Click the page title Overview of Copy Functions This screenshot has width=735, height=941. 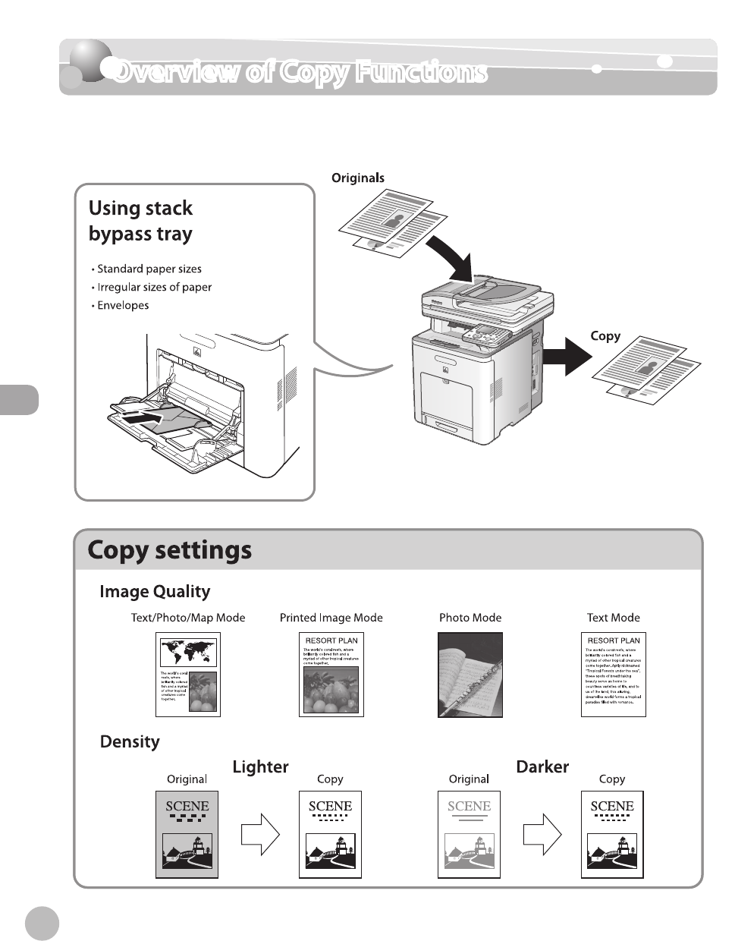pos(300,72)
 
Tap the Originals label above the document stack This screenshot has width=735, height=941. pos(358,178)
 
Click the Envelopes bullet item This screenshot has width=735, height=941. pos(123,305)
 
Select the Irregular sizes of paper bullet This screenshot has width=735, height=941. pos(154,287)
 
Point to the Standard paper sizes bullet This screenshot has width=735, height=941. pos(149,269)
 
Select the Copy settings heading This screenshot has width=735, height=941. pos(170,550)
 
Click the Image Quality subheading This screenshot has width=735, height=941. pos(155,592)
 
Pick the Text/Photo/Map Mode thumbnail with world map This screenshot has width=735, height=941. pos(188,675)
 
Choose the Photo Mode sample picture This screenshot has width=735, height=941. pos(470,675)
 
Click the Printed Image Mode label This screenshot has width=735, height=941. pos(331,618)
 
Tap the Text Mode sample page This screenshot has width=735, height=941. pos(613,675)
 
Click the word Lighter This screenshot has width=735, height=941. pos(260,767)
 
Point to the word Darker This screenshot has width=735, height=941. pos(542,767)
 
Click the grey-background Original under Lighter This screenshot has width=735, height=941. pos(187,834)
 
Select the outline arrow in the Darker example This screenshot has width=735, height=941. pos(542,834)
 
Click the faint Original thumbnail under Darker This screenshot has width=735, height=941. pos(469,834)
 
